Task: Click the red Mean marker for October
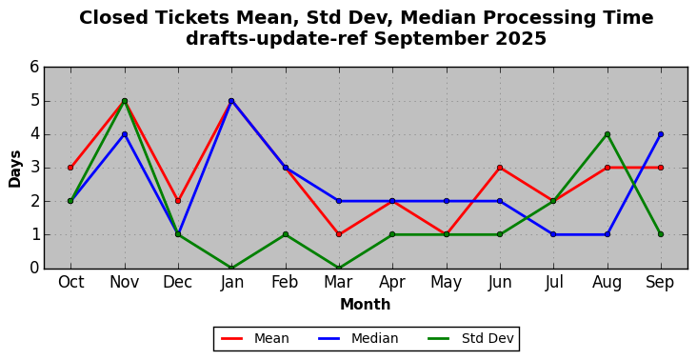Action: tap(70, 168)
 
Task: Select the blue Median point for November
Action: tap(125, 134)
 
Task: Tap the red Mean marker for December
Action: tap(178, 201)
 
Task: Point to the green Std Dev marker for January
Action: tap(231, 268)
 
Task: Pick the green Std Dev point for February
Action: tap(286, 234)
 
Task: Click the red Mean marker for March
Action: tap(339, 234)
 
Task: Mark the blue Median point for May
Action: tap(447, 201)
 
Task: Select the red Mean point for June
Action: tap(500, 168)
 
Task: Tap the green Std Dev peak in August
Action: tap(607, 134)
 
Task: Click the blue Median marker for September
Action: tap(661, 134)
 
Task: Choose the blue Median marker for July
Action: tap(553, 234)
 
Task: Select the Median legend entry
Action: tap(358, 339)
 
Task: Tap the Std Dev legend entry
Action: tap(470, 339)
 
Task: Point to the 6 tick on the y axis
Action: tap(34, 68)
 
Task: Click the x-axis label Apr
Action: tap(392, 283)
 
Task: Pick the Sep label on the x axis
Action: tap(661, 283)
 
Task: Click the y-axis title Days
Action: tap(14, 169)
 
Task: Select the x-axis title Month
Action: tap(366, 305)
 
